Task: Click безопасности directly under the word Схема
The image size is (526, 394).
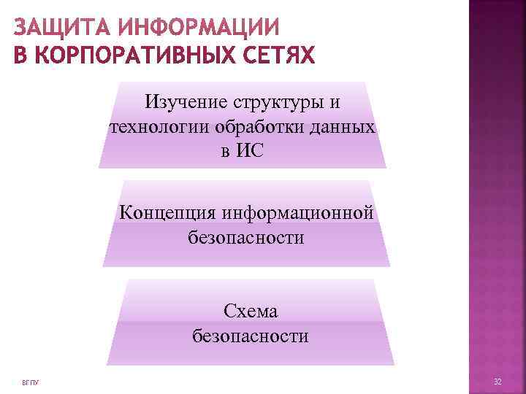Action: [x=250, y=336]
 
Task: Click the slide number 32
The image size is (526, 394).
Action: [x=498, y=382]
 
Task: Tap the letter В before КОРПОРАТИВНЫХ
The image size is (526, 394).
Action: [x=20, y=55]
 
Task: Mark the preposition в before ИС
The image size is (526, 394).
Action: [x=224, y=152]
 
